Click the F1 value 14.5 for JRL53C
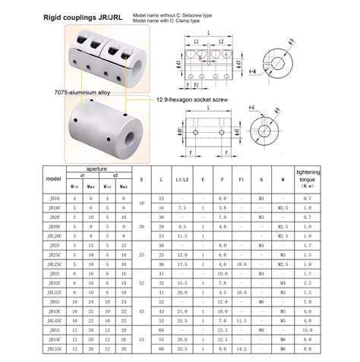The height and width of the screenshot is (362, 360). click(242, 349)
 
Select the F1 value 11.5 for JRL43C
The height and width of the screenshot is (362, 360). click(242, 320)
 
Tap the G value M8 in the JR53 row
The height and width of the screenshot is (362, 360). click(261, 330)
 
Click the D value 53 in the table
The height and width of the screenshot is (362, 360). click(141, 339)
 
